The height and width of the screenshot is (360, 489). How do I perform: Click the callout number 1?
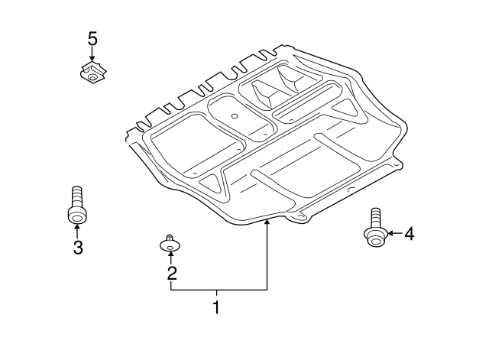coord(216,308)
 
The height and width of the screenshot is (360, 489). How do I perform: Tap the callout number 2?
coord(172,272)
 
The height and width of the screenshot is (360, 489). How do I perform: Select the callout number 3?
coord(77,246)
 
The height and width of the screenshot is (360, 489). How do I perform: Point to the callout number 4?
coord(410,234)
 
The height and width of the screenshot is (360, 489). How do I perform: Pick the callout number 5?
coord(92,38)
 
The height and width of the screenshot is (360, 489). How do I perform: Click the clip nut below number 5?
coord(92,73)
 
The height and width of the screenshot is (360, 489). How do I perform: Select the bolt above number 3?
coord(76,206)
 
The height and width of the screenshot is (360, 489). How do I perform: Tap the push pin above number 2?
coord(170,243)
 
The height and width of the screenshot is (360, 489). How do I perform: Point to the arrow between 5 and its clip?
coord(92,55)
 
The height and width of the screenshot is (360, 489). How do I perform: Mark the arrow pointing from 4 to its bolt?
coord(393,234)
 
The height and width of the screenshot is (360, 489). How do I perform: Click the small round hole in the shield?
coord(235,117)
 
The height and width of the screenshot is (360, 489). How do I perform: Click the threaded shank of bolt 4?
coord(374,216)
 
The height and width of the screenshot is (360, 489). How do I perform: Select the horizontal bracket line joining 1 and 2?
coord(219,290)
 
